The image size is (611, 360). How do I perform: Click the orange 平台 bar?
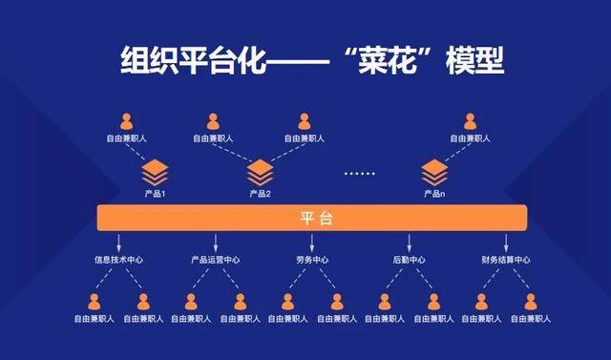point(311,219)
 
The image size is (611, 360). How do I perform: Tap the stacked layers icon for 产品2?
point(261,173)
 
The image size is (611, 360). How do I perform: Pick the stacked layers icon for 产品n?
point(434,173)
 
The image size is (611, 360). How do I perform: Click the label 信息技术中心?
point(118,260)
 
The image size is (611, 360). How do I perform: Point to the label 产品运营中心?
point(215,260)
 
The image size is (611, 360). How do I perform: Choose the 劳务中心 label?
point(311,260)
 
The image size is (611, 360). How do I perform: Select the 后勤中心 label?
point(409,260)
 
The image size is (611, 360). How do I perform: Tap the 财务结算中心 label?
point(505,260)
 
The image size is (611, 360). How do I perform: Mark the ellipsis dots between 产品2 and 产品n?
point(359,174)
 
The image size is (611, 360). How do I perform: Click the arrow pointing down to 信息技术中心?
point(118,242)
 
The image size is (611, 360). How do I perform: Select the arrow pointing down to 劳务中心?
point(311,242)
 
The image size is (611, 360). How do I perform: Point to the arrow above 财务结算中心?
point(505,242)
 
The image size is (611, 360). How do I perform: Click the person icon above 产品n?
point(470,122)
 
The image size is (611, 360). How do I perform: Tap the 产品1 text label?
point(155,194)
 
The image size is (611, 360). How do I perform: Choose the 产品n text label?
point(434,194)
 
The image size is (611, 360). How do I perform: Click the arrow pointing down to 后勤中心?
point(409,242)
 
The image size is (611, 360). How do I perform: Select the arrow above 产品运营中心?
point(215,242)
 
